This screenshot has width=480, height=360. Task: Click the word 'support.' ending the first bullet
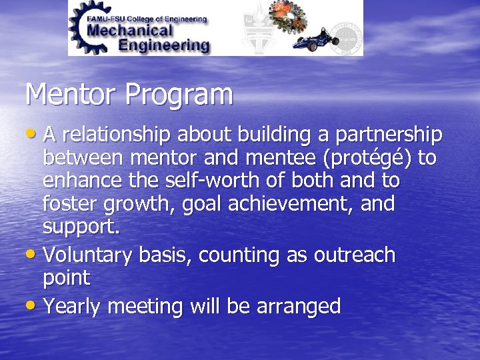(x=81, y=227)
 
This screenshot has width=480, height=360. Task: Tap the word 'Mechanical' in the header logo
(x=129, y=30)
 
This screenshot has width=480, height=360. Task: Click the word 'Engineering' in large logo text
(x=163, y=45)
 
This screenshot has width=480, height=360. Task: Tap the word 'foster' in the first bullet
(x=73, y=203)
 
